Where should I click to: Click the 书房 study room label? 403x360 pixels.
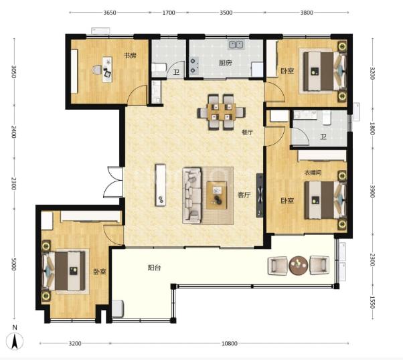131,56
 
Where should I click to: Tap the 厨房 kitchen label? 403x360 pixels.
226,63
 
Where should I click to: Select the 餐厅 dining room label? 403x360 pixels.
247,132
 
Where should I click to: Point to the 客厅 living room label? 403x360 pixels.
244,195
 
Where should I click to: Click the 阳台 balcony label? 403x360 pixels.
154,268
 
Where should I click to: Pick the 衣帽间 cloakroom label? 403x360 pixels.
313,173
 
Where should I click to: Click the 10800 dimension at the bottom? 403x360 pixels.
229,343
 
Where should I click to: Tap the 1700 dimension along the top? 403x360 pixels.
169,13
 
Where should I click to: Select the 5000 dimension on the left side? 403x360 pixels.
14,264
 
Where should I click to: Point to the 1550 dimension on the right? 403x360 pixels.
372,302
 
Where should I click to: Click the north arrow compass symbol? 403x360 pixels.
15,339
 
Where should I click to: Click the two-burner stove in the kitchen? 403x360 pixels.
193,66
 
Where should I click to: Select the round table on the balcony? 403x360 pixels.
298,266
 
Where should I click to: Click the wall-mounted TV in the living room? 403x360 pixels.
260,195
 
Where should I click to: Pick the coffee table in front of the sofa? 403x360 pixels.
217,195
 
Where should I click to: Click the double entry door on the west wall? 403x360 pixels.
113,181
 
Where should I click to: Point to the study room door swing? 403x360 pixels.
137,95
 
